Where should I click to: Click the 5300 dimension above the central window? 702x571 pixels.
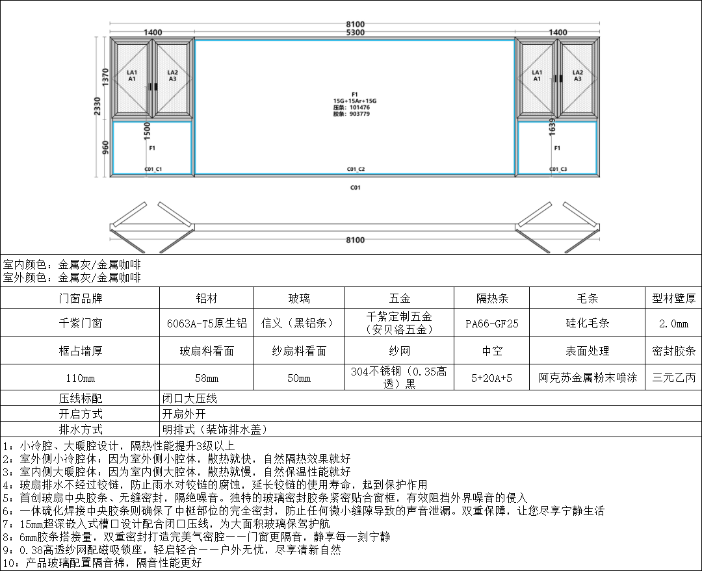tap(355, 32)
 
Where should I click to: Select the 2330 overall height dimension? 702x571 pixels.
tap(97, 107)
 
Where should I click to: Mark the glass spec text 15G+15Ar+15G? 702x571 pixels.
tap(355, 101)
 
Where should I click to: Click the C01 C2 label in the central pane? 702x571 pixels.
tap(355, 170)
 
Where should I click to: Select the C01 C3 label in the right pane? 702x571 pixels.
tap(558, 170)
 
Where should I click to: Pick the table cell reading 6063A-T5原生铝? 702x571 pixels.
tap(205, 323)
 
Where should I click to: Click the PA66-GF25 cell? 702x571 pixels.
tap(492, 323)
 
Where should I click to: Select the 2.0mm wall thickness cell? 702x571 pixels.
tap(673, 323)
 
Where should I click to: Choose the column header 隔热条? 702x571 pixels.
tap(492, 299)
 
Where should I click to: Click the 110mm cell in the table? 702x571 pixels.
tap(80, 377)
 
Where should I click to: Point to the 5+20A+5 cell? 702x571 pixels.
tap(492, 377)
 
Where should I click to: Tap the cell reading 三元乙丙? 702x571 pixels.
tap(673, 377)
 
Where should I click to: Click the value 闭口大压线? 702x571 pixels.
tap(190, 398)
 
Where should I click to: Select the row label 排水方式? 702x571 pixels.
tap(80, 429)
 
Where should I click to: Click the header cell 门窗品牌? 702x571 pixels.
tap(80, 299)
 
